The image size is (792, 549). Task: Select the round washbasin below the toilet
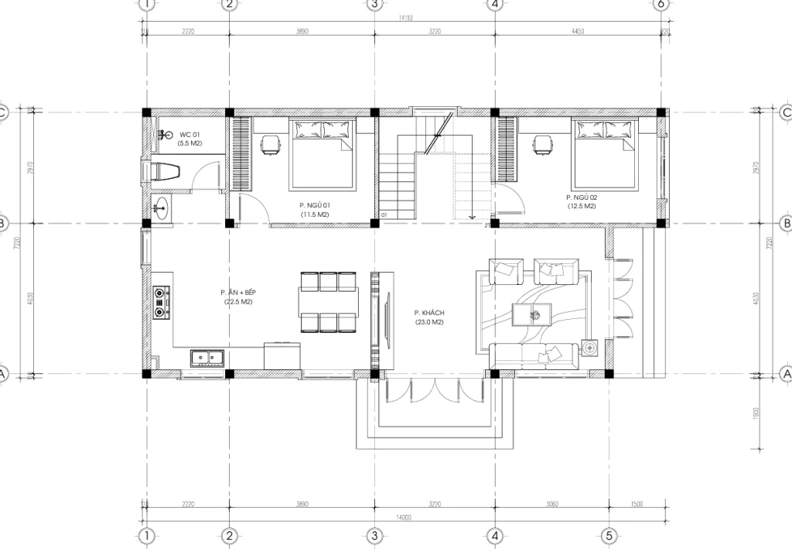tap(162, 207)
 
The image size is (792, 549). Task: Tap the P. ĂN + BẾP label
tap(238, 297)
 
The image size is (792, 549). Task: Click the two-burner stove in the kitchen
tap(162, 303)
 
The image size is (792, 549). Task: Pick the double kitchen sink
tap(207, 358)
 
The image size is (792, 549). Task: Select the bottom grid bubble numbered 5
tap(609, 536)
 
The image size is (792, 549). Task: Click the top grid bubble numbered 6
tap(661, 4)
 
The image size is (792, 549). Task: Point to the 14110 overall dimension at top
tap(405, 17)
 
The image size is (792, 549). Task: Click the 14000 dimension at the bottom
tap(403, 516)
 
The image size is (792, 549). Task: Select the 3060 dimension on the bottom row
tap(552, 504)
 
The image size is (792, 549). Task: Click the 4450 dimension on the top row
tap(577, 32)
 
